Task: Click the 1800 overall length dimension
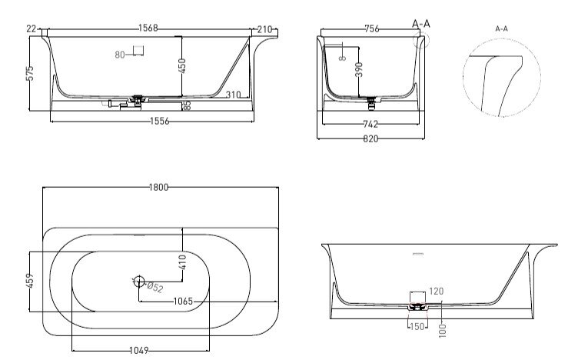click(x=158, y=188)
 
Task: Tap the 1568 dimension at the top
click(x=148, y=28)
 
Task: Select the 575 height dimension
click(x=30, y=73)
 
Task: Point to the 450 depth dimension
click(x=181, y=65)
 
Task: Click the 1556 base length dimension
click(x=160, y=121)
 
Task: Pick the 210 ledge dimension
click(x=264, y=29)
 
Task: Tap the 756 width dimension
click(x=371, y=28)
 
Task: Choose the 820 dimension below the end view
click(x=370, y=138)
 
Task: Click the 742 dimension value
click(x=370, y=125)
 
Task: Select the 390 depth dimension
click(x=359, y=70)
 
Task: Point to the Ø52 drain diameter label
click(x=154, y=287)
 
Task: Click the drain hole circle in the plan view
click(x=139, y=282)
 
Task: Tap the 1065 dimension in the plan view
click(x=183, y=302)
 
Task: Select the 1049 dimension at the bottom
click(x=139, y=350)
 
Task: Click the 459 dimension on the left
click(x=30, y=281)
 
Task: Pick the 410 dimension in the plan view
click(x=182, y=262)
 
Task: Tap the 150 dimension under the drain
click(x=417, y=326)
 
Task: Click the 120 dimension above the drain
click(x=436, y=292)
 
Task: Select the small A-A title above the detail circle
click(x=501, y=28)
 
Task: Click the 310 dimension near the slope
click(x=233, y=95)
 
